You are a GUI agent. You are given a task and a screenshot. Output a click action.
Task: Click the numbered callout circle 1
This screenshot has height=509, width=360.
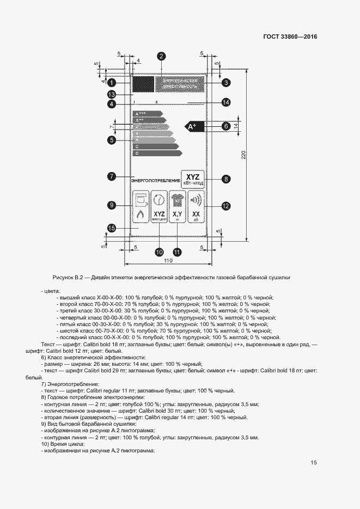point(111,83)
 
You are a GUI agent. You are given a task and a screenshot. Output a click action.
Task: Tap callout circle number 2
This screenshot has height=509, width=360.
point(162,56)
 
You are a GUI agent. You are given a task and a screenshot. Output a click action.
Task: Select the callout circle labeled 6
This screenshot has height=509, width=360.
point(225,83)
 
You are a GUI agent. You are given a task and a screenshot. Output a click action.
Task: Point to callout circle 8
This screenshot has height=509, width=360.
point(225,178)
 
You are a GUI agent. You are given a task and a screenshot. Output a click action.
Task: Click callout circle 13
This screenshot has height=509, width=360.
point(111,94)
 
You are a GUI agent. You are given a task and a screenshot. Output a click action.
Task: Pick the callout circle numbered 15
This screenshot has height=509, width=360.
point(111,229)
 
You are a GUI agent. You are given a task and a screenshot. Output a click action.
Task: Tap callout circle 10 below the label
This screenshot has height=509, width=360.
point(159,252)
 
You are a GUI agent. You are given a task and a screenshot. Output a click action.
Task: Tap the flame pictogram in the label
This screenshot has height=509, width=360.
point(141,216)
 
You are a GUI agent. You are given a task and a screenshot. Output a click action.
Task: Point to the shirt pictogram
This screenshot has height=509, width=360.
point(178,200)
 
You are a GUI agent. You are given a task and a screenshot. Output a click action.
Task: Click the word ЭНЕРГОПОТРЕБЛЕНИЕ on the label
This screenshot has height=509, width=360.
point(155,179)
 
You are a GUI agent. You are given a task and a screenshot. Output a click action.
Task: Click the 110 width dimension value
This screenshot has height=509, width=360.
point(168,261)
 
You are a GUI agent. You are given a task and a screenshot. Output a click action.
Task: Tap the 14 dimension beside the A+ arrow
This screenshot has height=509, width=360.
point(243,126)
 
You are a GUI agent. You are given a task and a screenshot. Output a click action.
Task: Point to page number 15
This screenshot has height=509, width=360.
point(314,463)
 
